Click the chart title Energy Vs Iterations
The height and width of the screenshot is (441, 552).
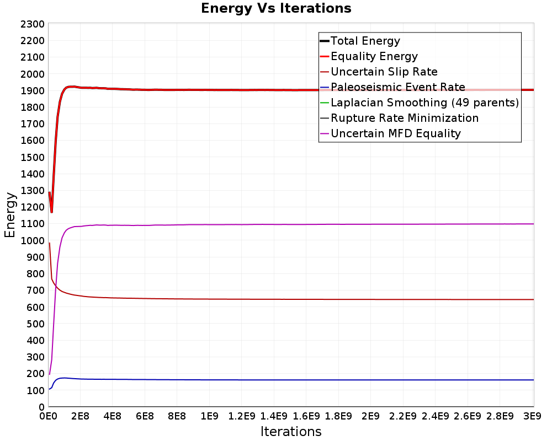click(276, 8)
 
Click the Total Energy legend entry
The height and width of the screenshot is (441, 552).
click(360, 41)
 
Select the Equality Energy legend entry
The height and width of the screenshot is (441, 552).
click(369, 56)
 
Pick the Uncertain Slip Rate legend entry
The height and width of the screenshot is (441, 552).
click(379, 72)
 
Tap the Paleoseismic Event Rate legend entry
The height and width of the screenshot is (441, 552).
click(392, 87)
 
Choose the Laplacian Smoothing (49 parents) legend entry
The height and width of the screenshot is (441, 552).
click(420, 103)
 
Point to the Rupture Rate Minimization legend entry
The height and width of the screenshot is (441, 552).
click(399, 118)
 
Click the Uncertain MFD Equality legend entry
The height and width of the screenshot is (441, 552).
click(390, 133)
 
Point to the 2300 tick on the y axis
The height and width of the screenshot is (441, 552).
click(33, 24)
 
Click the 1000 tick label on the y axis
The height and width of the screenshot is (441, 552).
click(33, 240)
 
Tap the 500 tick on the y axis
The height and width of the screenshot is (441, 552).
click(35, 324)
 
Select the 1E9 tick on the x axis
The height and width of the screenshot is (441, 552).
click(209, 416)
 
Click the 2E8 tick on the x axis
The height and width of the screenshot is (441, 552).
click(80, 416)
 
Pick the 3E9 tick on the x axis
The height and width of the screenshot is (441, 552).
click(532, 416)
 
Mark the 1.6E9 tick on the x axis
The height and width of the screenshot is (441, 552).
click(306, 416)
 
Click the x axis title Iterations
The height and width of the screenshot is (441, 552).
click(291, 431)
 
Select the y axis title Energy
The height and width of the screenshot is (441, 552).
click(10, 215)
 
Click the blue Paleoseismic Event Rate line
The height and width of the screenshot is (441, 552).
click(291, 380)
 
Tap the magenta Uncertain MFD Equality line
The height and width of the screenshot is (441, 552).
click(291, 224)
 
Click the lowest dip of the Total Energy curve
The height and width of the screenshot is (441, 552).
click(51, 212)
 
